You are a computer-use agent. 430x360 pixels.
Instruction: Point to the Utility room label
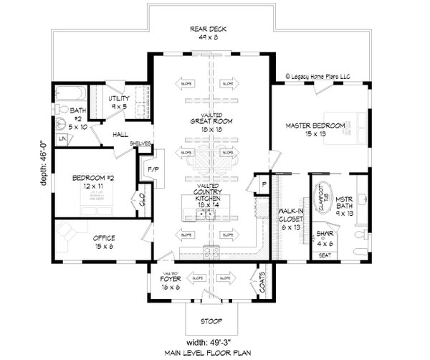119,102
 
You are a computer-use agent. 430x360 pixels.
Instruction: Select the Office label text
105,238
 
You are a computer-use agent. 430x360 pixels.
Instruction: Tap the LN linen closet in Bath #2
62,136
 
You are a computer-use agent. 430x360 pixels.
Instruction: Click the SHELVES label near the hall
139,143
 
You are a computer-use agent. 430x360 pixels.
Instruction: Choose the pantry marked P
264,184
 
